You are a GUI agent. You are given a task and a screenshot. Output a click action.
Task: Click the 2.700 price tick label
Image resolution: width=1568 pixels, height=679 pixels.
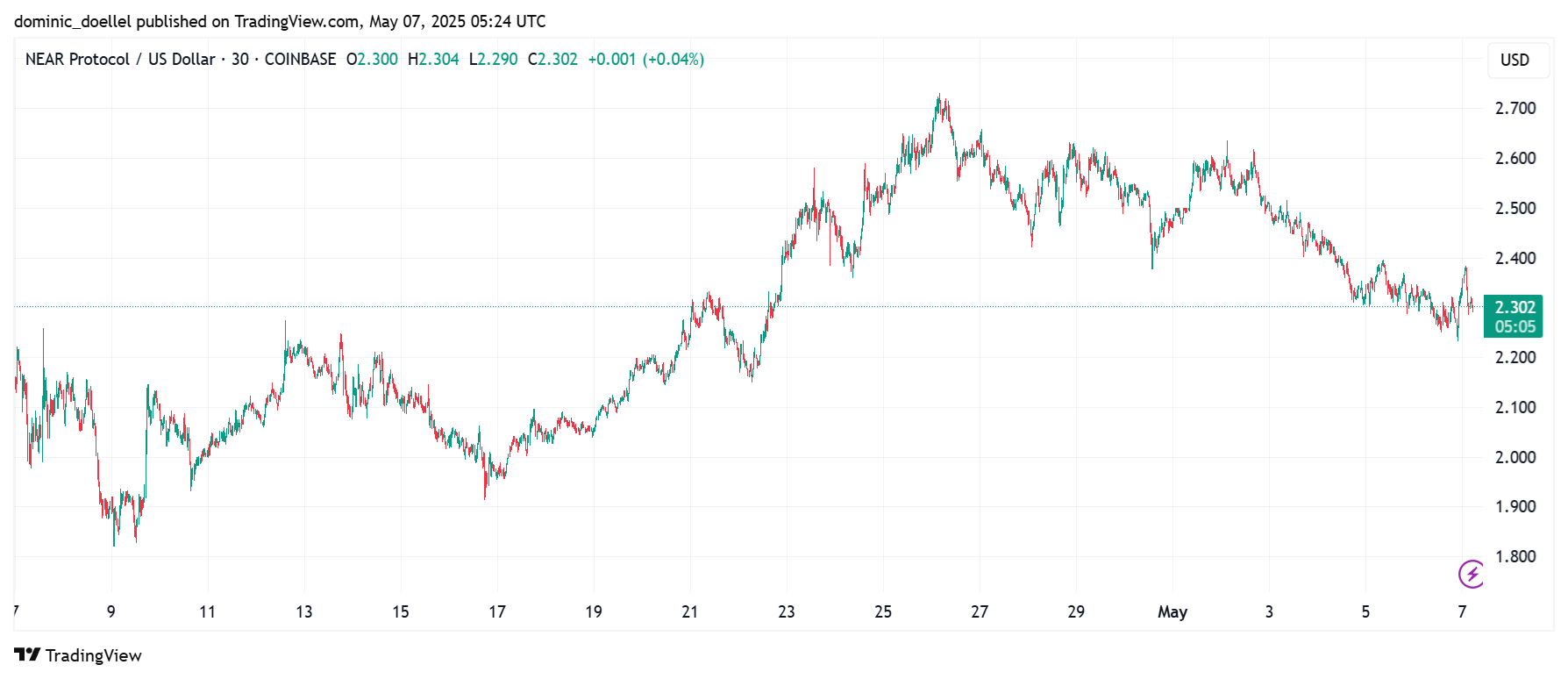tap(1515, 109)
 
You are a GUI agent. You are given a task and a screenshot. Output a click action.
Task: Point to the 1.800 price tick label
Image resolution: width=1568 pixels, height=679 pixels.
tap(1515, 557)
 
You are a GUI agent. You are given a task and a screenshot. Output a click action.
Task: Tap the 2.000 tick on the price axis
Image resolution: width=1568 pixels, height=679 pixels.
tap(1515, 457)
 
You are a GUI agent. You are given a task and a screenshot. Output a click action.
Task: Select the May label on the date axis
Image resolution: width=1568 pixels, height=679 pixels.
tap(1172, 612)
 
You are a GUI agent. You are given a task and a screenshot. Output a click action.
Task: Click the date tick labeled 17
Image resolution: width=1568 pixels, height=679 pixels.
tap(497, 612)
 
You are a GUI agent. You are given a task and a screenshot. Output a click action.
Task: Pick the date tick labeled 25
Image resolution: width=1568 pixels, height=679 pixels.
tap(883, 612)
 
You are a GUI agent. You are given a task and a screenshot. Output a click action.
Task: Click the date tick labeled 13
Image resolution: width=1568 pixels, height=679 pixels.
tap(304, 612)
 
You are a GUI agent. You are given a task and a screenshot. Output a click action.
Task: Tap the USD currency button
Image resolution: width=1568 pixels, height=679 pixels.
tap(1515, 60)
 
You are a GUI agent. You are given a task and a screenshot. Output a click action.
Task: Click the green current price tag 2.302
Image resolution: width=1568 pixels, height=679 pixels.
tap(1515, 307)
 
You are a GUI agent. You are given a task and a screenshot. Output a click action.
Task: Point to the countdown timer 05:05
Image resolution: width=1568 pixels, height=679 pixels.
tap(1515, 327)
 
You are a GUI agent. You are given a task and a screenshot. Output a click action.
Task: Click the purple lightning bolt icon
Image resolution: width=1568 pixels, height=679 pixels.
tap(1471, 574)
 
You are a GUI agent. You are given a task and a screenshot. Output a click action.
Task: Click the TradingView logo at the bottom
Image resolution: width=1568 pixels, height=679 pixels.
tap(78, 655)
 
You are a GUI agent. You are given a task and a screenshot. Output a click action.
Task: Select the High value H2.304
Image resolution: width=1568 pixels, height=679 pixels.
tap(433, 60)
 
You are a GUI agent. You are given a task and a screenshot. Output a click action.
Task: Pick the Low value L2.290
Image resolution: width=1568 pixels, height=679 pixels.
tap(494, 60)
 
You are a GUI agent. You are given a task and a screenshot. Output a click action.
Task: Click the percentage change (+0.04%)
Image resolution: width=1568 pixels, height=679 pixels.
tap(674, 60)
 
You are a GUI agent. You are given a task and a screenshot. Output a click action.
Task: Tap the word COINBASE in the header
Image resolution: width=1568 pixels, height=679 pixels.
tap(300, 60)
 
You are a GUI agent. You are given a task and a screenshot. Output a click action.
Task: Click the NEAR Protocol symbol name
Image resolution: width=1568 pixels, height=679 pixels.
tap(77, 60)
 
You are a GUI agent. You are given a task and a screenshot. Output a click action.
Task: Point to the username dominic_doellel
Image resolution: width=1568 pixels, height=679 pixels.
tap(73, 21)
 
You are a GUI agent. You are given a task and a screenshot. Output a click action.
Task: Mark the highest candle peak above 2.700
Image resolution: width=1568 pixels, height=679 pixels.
tap(939, 96)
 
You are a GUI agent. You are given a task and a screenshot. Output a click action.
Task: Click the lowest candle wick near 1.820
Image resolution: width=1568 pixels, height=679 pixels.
tap(114, 544)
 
